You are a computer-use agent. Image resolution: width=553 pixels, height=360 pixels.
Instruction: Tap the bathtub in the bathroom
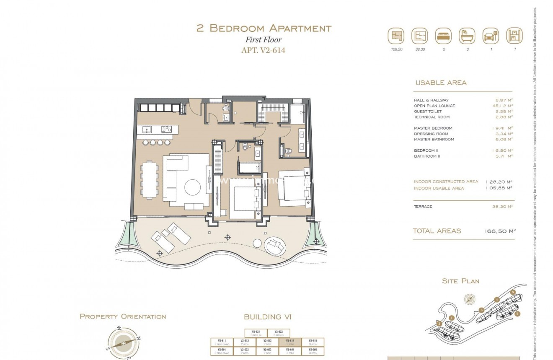(250, 167)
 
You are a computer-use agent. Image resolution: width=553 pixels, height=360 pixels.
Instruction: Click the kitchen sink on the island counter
(147, 129)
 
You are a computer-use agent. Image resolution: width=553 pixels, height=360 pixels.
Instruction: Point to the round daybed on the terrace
(274, 245)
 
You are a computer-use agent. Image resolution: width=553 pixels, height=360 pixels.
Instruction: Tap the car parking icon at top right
(491, 36)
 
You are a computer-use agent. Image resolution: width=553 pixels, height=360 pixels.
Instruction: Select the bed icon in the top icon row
(443, 36)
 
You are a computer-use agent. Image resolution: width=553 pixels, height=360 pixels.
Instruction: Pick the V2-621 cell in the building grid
(256, 333)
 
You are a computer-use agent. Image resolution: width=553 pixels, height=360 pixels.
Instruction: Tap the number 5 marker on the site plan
(513, 292)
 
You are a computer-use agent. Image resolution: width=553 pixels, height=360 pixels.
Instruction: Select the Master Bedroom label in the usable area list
(433, 128)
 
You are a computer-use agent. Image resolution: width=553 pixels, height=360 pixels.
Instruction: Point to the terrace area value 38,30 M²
(503, 207)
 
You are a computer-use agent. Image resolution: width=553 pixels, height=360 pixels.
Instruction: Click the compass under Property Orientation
(124, 342)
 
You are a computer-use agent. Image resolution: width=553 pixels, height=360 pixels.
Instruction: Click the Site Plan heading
(460, 281)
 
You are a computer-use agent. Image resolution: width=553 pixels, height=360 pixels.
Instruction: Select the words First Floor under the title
(263, 40)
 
